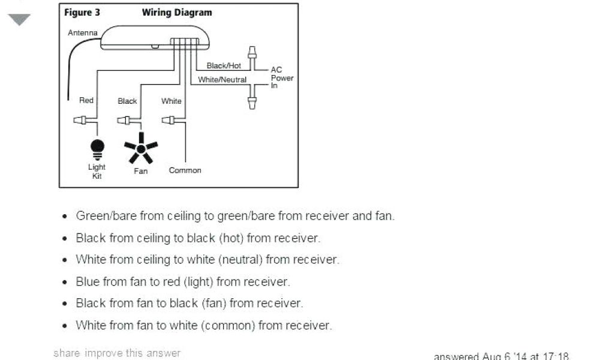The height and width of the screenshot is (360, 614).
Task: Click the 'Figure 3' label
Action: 78,13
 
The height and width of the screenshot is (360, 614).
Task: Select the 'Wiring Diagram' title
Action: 177,13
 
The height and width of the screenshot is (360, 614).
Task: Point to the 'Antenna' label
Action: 83,32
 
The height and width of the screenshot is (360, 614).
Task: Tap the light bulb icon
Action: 97,148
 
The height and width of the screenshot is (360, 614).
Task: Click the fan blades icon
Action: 141,148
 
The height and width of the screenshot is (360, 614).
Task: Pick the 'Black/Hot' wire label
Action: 224,65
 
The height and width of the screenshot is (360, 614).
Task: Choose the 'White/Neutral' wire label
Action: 222,79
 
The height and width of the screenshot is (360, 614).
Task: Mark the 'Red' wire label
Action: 86,100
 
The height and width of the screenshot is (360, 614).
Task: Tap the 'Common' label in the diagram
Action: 185,170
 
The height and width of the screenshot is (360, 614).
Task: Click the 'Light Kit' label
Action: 97,172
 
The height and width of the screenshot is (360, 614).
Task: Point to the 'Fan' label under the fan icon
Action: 141,171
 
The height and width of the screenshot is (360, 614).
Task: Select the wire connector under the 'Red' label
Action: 82,120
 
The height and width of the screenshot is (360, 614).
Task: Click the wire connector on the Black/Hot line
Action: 252,55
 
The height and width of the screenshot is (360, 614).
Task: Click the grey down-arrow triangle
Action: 19,20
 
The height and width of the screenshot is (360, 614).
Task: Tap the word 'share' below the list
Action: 67,353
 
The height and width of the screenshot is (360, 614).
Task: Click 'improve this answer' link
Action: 133,353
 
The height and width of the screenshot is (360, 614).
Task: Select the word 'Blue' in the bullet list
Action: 88,281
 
